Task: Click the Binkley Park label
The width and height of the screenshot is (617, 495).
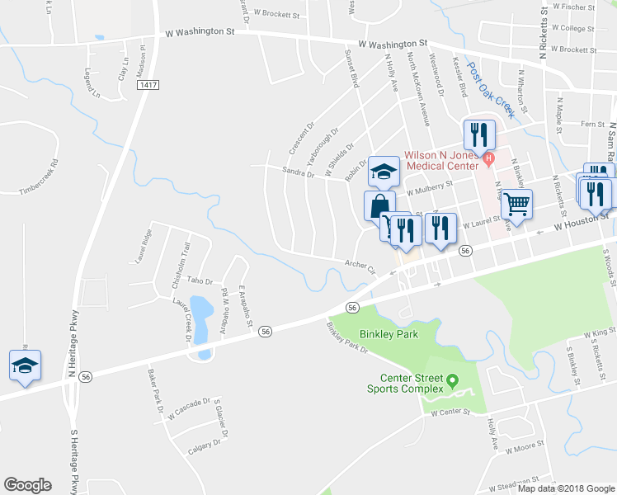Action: click(389, 334)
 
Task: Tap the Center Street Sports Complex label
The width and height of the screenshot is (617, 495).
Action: click(407, 384)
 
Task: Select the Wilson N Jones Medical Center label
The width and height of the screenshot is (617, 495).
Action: click(440, 157)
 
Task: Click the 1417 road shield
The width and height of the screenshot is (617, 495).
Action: click(149, 85)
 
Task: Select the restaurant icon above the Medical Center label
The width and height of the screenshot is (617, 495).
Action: click(478, 134)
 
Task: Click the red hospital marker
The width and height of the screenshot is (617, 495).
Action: click(489, 158)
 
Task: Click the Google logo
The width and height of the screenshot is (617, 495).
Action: click(27, 485)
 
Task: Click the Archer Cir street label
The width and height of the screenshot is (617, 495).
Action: click(360, 266)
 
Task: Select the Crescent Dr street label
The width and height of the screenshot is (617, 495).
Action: click(302, 138)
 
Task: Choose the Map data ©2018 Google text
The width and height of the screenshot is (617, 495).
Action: click(565, 488)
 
